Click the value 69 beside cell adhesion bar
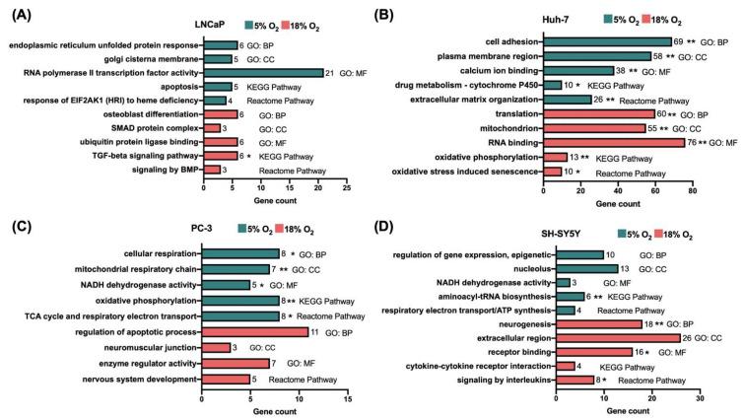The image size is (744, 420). click(679, 42)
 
